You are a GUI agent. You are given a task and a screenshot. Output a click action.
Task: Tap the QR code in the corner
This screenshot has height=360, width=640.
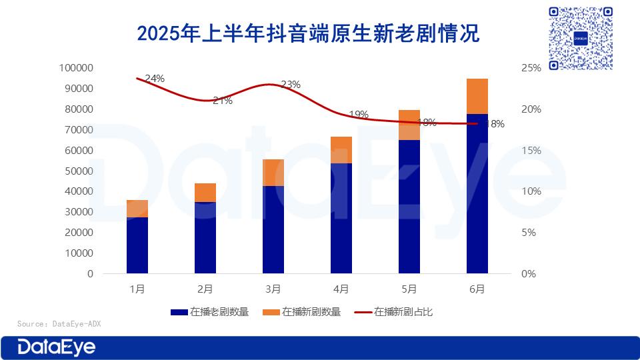(580, 39)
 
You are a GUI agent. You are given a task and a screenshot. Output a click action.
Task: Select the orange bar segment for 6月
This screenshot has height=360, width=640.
(477, 96)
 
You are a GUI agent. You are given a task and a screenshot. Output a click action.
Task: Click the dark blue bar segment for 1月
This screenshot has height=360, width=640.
(137, 245)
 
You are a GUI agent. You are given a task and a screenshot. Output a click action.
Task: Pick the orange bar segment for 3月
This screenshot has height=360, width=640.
(273, 173)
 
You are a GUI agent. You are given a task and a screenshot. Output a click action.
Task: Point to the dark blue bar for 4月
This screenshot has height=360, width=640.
(341, 218)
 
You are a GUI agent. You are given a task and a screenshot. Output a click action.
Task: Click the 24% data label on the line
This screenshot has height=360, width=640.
(155, 79)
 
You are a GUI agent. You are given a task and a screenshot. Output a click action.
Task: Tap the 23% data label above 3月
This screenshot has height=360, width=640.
(291, 85)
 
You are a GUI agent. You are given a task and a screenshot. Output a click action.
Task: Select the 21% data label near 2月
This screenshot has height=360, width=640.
(223, 101)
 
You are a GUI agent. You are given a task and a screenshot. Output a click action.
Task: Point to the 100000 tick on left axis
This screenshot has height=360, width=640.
(77, 68)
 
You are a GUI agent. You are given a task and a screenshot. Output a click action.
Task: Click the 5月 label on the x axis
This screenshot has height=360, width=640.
(409, 289)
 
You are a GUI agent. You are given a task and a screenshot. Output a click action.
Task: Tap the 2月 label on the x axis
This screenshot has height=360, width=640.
(205, 289)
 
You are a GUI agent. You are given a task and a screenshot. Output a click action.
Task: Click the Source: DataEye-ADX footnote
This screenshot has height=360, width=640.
(59, 324)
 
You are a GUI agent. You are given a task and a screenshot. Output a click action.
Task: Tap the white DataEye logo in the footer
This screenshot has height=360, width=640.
(57, 347)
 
